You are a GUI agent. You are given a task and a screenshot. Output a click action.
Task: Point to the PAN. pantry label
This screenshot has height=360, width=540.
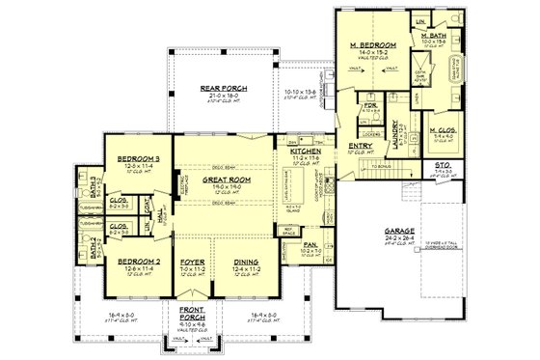[311, 245]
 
